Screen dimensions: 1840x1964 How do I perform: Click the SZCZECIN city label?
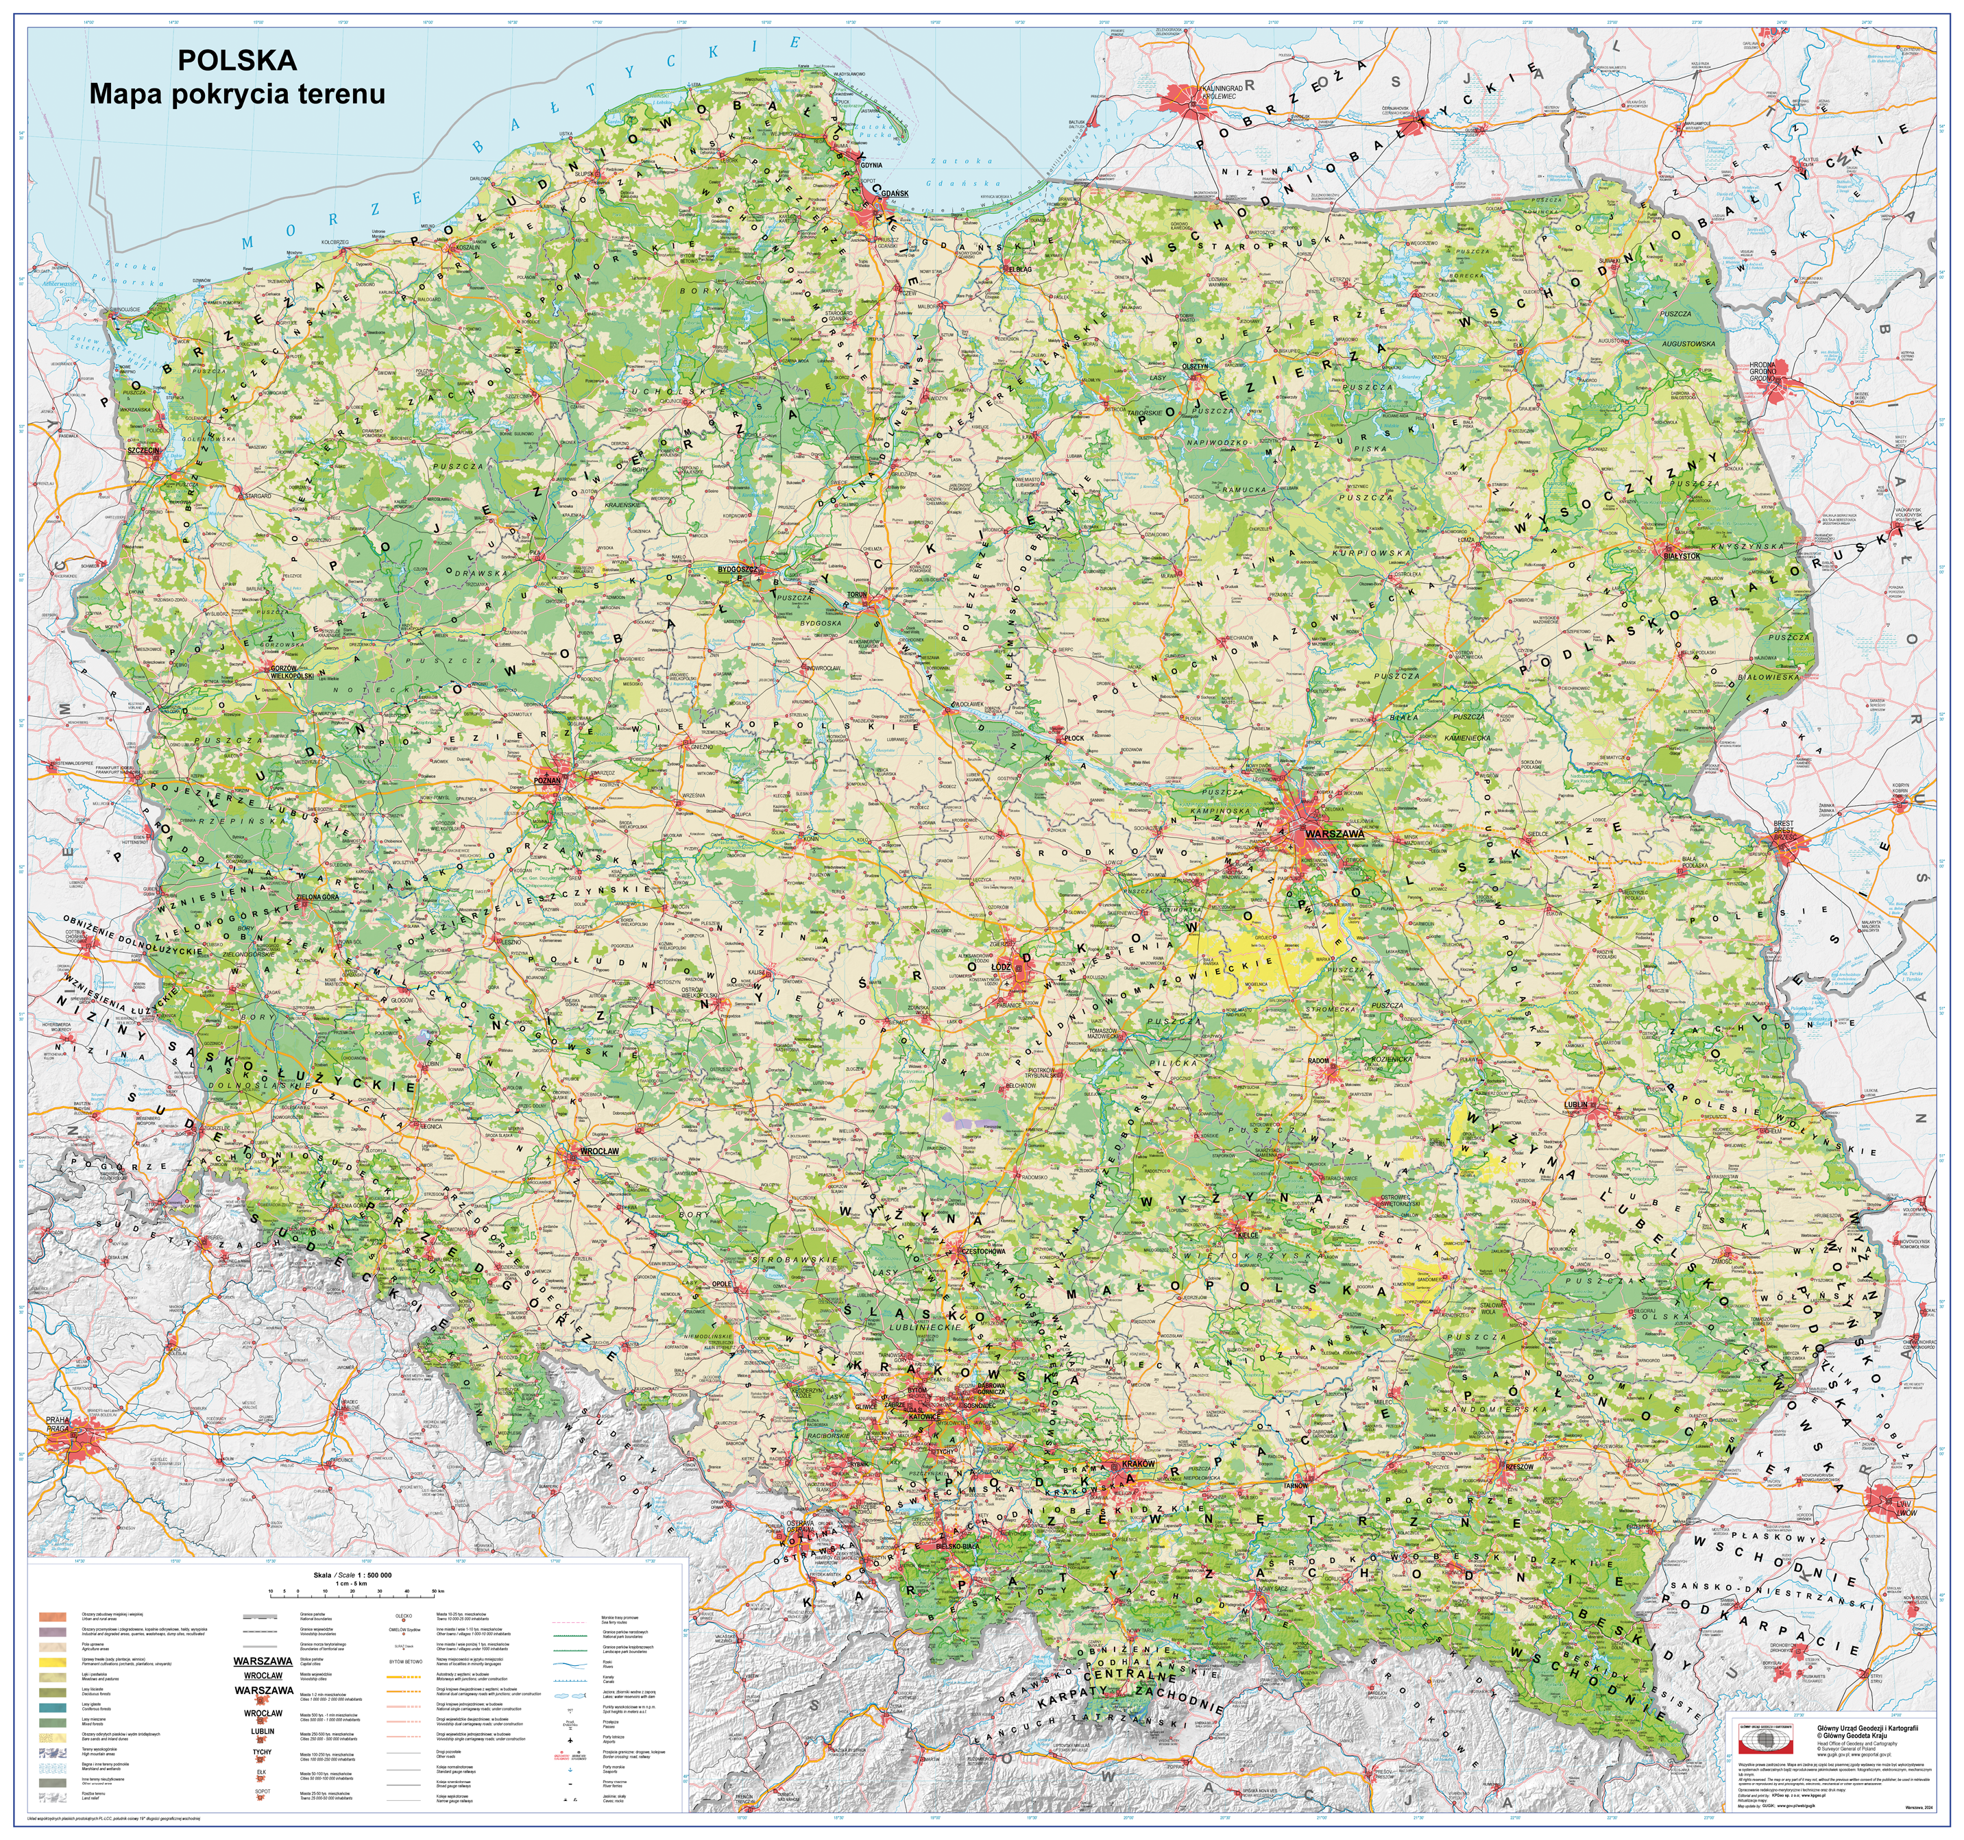click(143, 450)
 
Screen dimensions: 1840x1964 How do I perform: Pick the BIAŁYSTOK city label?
click(1682, 556)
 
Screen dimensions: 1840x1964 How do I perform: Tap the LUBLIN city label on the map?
click(1576, 1104)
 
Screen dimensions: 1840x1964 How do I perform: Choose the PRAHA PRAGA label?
click(58, 1424)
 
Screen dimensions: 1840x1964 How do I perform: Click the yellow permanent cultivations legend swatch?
click(52, 1663)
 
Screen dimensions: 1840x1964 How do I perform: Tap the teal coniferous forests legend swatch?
click(52, 1708)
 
